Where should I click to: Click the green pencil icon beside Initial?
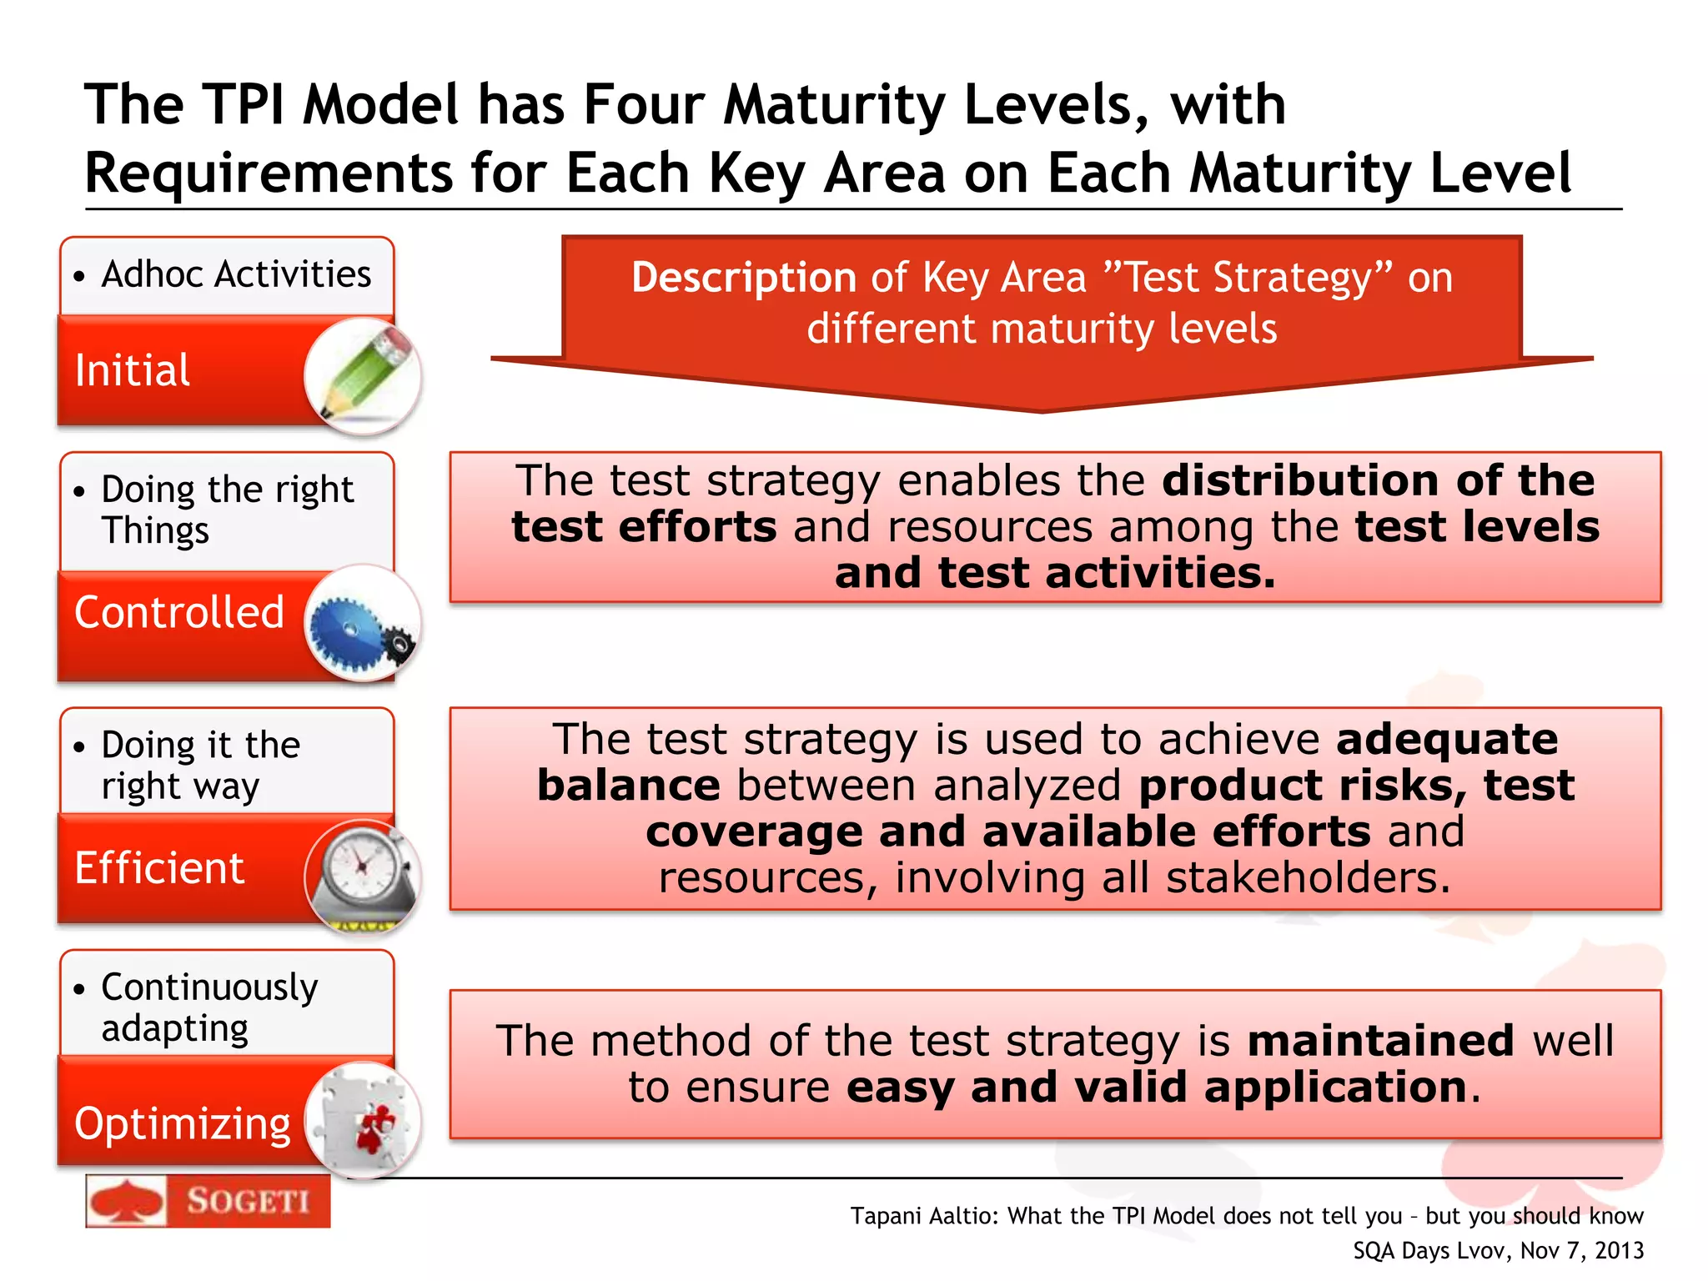click(x=364, y=374)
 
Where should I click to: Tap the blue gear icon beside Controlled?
click(x=362, y=624)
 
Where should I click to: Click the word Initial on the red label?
click(x=133, y=370)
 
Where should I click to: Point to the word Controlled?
click(x=179, y=612)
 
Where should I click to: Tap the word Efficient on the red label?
click(x=159, y=868)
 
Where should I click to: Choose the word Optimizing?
click(x=183, y=1123)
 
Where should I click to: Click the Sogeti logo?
click(x=208, y=1202)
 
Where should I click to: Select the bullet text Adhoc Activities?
click(x=236, y=274)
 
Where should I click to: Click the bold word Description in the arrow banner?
click(x=743, y=278)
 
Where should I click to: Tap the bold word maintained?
click(x=1380, y=1041)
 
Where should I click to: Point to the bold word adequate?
click(x=1447, y=739)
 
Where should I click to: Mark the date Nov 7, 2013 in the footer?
click(x=1582, y=1250)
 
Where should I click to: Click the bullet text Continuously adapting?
click(x=208, y=1007)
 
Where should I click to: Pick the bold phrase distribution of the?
click(x=1379, y=480)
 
